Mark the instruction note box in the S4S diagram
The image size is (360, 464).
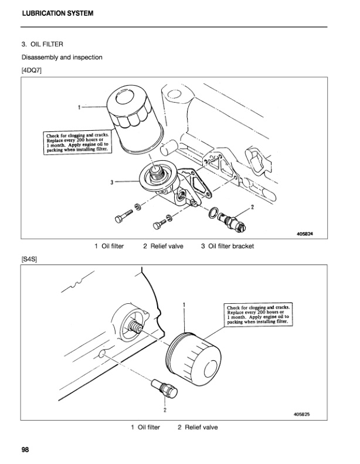click(x=258, y=315)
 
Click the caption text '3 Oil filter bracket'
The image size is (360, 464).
click(x=227, y=246)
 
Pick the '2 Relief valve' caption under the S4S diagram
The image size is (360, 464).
click(x=198, y=427)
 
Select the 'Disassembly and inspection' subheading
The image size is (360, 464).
click(x=62, y=57)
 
